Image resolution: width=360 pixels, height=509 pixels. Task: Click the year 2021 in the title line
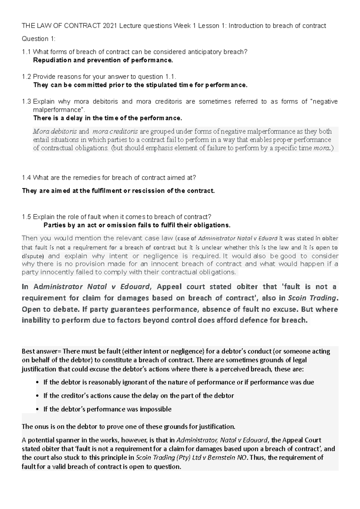coord(109,26)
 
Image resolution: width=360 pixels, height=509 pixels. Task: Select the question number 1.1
coord(26,52)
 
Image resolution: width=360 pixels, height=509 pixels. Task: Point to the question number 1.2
coord(26,77)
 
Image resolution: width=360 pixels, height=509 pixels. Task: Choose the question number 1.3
coord(26,102)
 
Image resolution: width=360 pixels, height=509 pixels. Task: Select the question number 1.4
coord(26,178)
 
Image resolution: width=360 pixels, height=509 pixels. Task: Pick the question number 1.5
coord(26,217)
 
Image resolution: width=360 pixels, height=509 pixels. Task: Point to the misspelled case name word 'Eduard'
coord(268,239)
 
